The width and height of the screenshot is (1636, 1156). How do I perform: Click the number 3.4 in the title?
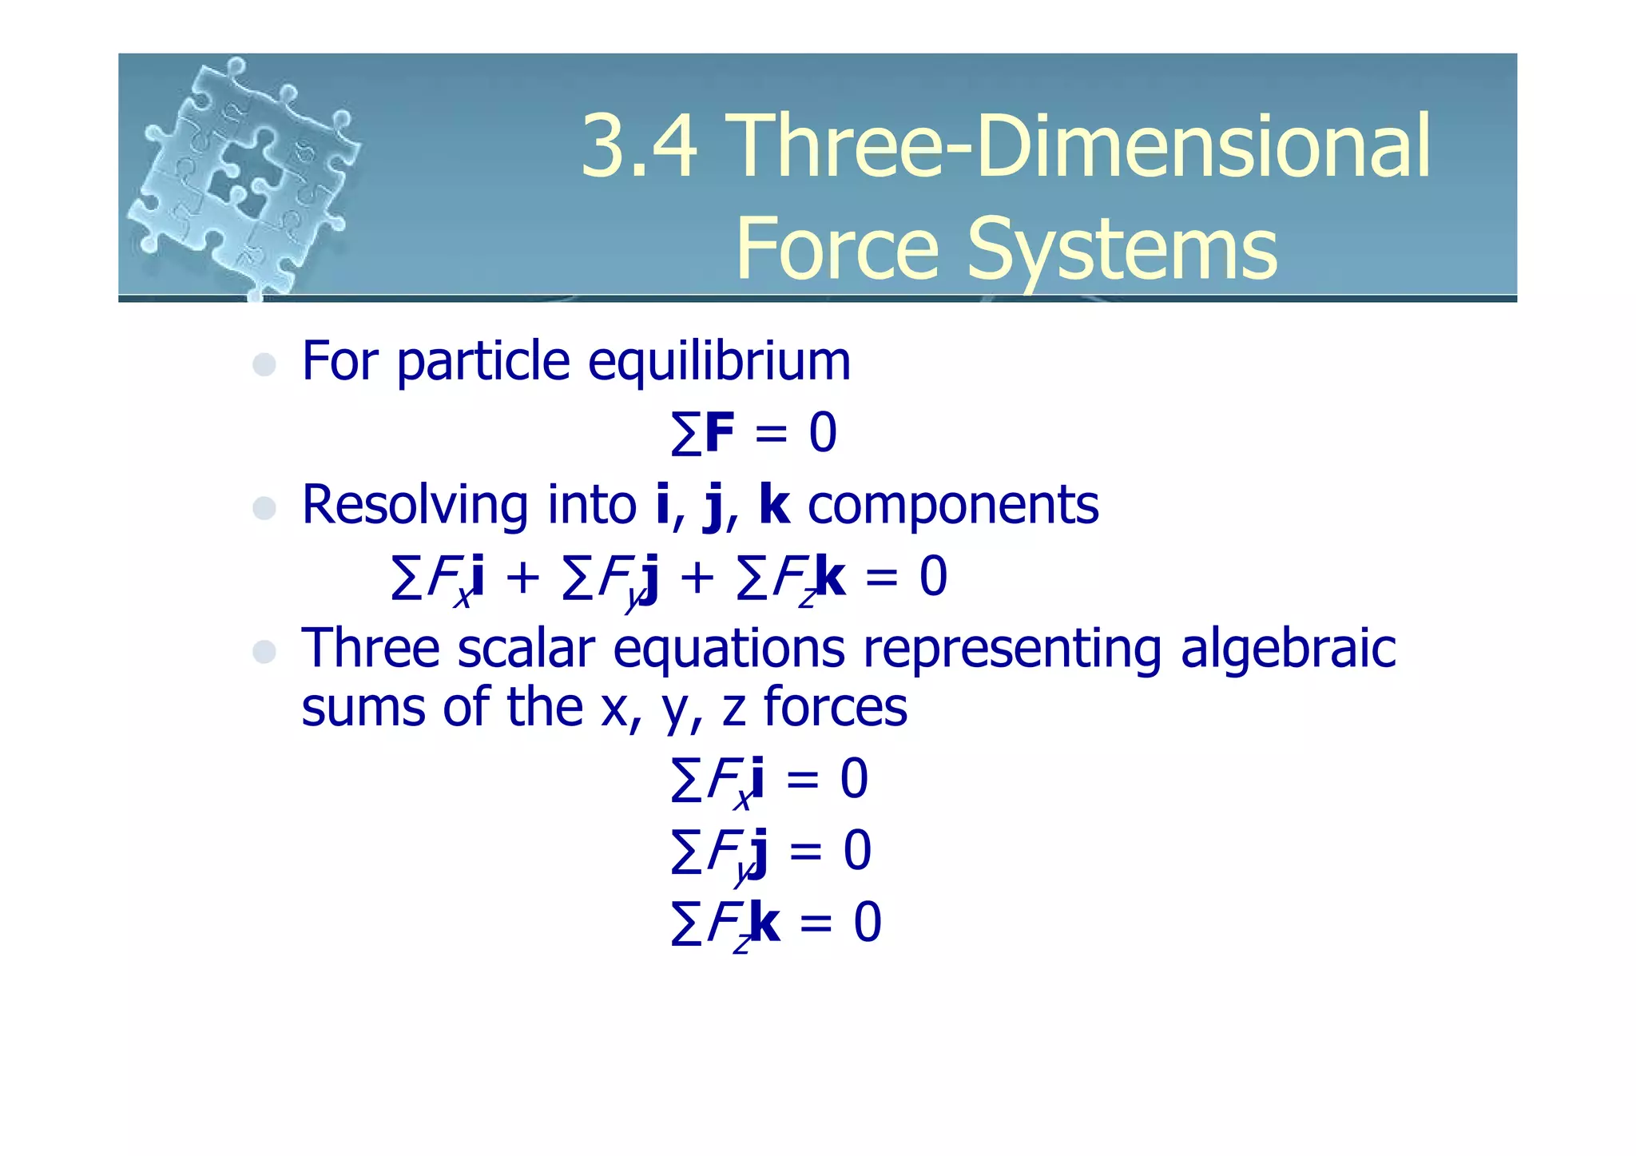[x=639, y=146]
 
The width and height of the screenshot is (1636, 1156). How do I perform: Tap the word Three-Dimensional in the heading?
[x=1080, y=146]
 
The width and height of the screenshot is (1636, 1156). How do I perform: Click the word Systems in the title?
[x=1122, y=249]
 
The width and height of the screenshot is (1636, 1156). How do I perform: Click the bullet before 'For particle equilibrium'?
[x=264, y=365]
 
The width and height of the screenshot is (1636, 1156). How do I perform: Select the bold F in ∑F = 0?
[x=719, y=434]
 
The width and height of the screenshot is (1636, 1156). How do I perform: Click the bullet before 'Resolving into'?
[x=264, y=508]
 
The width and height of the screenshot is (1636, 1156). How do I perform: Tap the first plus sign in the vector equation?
[x=522, y=578]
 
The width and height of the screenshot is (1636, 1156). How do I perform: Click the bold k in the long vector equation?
[x=830, y=577]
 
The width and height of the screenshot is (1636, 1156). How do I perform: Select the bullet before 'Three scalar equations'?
[x=264, y=651]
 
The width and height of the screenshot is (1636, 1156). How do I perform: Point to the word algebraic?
[x=1288, y=650]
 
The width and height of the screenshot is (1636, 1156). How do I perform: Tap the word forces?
[x=836, y=708]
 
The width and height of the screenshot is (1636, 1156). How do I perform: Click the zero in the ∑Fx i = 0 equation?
[x=854, y=779]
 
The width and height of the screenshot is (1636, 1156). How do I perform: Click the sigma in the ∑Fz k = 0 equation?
[x=686, y=924]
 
